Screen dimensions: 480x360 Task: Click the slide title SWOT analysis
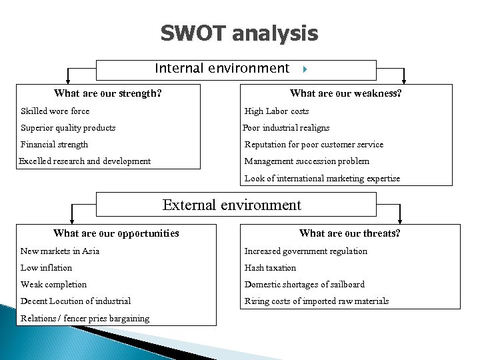[239, 33]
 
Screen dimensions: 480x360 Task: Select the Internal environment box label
[222, 69]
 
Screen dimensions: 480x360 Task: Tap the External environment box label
[231, 205]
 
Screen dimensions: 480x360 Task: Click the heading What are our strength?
[107, 93]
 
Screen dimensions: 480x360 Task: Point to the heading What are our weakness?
[345, 93]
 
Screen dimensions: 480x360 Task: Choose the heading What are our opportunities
[116, 233]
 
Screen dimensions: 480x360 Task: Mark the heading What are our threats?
[349, 233]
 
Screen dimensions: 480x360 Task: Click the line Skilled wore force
[55, 111]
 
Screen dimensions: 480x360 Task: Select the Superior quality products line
[68, 128]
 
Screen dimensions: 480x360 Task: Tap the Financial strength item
[54, 145]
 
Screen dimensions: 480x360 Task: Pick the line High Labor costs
[277, 111]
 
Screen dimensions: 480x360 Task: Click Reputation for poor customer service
[313, 145]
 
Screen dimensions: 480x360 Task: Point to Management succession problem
[307, 161]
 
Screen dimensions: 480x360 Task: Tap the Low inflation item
[46, 268]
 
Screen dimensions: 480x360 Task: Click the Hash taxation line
[270, 268]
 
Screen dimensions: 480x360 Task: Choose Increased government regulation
[305, 251]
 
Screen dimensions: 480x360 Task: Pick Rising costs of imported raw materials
[316, 301]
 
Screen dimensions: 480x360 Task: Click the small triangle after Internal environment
[303, 69]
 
